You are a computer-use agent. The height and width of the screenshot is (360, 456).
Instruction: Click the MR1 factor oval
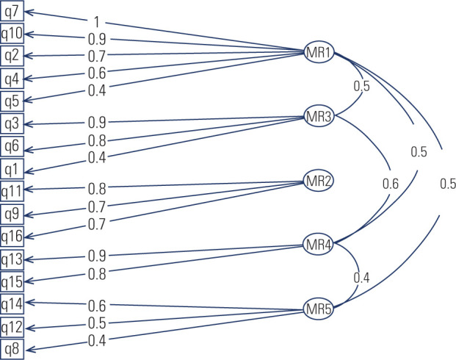pyautogui.click(x=320, y=52)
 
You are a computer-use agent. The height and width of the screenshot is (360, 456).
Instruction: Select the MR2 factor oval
pyautogui.click(x=320, y=181)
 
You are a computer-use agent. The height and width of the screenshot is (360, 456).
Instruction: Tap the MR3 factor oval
pyautogui.click(x=320, y=117)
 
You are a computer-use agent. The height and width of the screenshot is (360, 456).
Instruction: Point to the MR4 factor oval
pyautogui.click(x=320, y=245)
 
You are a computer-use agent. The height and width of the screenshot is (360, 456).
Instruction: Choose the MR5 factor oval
pyautogui.click(x=320, y=309)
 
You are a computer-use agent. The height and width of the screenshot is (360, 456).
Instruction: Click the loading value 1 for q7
pyautogui.click(x=96, y=21)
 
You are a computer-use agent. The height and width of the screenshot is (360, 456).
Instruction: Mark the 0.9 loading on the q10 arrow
pyautogui.click(x=96, y=39)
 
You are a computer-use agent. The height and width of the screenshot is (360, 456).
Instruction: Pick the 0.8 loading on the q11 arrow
pyautogui.click(x=96, y=188)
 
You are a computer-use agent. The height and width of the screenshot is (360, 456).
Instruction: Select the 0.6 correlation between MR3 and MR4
pyautogui.click(x=390, y=184)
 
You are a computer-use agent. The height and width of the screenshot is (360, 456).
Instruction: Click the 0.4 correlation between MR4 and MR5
pyautogui.click(x=361, y=278)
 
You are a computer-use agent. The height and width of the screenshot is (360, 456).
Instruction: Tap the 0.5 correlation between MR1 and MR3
pyautogui.click(x=361, y=86)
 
